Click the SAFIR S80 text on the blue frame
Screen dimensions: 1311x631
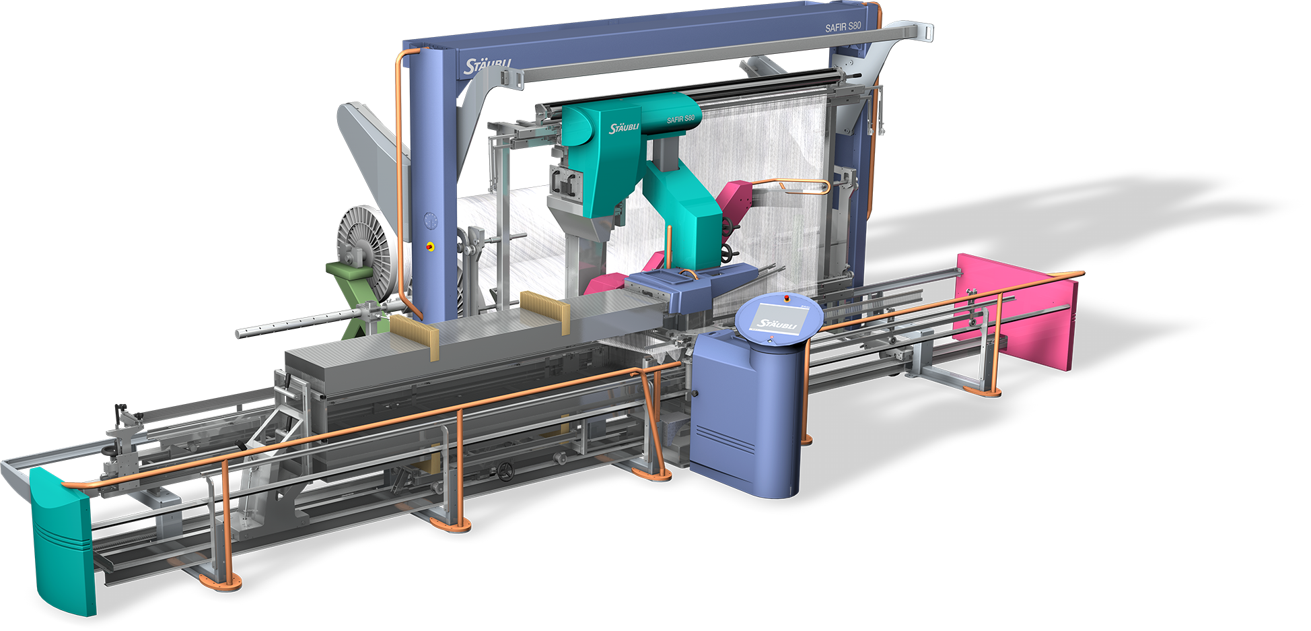click(843, 27)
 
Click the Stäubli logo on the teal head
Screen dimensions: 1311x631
click(624, 128)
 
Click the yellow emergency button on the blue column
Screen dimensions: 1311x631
click(430, 246)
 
